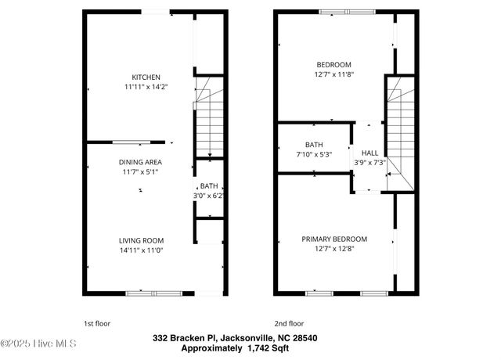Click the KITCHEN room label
coord(146,77)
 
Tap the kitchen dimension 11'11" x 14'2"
coord(146,87)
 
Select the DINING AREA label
coord(140,162)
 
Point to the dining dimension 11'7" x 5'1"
coord(140,171)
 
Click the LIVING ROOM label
coord(141,240)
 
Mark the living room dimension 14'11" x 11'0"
coord(141,250)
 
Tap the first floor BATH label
coord(208,185)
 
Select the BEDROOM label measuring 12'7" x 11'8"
coord(333,64)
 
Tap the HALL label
coord(369,153)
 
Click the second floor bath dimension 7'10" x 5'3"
coord(314,154)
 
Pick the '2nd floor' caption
coord(289,322)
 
